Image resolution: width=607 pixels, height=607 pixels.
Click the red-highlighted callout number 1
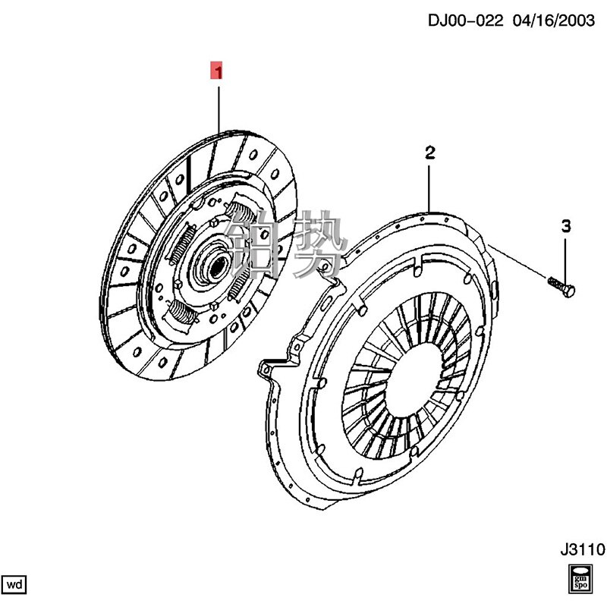(217, 72)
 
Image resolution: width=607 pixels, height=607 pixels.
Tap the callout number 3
(565, 225)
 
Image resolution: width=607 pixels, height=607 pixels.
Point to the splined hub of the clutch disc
(215, 265)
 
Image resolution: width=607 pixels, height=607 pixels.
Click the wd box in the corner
(15, 584)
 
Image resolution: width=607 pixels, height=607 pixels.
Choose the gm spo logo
(579, 578)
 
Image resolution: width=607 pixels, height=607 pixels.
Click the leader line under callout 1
(219, 106)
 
